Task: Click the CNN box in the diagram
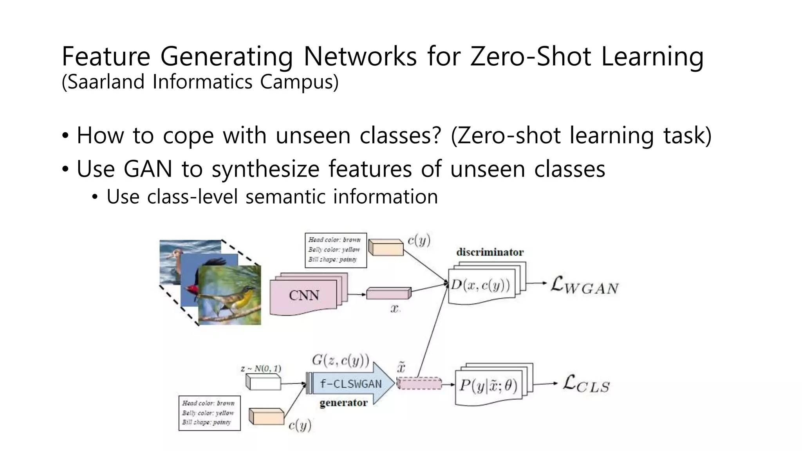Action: [304, 296]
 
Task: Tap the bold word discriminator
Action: [490, 252]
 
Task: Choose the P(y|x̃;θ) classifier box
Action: [488, 386]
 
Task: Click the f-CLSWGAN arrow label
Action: [350, 384]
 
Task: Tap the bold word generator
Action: [343, 403]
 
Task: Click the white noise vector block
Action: [264, 382]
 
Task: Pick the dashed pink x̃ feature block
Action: [419, 383]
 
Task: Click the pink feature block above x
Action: [388, 293]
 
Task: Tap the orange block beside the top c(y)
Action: [386, 247]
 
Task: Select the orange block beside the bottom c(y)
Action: [266, 417]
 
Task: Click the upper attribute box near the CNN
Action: [335, 250]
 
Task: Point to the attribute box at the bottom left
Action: [209, 413]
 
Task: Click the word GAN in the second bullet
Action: [148, 169]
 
